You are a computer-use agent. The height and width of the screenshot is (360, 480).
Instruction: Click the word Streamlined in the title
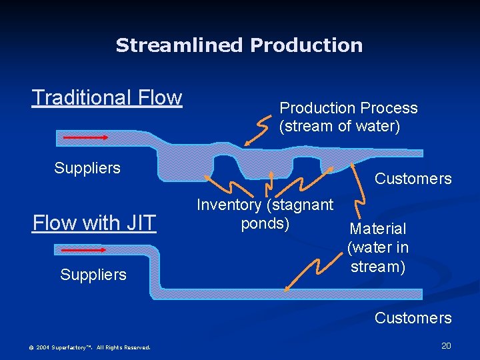[x=180, y=45]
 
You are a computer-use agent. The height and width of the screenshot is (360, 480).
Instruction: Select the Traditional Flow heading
[x=107, y=97]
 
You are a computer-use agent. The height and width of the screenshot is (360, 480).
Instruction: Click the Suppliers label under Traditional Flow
[x=87, y=168]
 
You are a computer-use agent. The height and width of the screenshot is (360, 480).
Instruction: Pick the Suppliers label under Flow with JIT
[x=93, y=275]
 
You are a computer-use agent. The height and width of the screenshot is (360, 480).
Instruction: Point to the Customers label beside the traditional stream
[x=413, y=179]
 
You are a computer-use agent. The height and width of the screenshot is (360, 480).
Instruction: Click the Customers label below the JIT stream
[x=413, y=318]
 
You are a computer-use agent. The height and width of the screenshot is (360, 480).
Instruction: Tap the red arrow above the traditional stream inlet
[x=85, y=137]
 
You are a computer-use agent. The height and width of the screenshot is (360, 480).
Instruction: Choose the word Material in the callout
[x=377, y=229]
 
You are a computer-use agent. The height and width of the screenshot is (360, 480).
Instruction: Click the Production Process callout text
[x=348, y=117]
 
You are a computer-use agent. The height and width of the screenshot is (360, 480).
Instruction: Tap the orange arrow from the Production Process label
[x=257, y=131]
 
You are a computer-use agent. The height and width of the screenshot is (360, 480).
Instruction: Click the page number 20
[x=446, y=345]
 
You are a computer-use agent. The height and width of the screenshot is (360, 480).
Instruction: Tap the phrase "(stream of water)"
[x=339, y=125]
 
